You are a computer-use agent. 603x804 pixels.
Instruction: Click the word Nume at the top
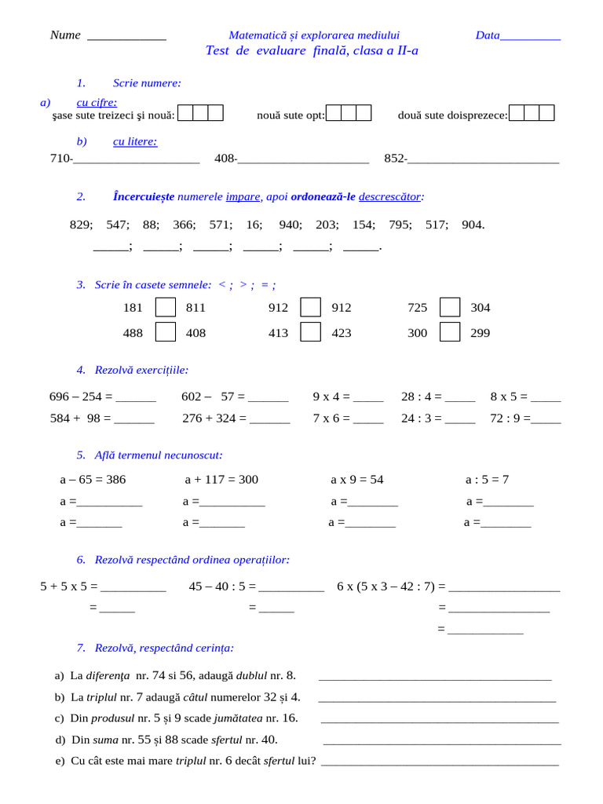tap(65, 35)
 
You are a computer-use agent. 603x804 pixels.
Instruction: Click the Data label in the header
tap(488, 35)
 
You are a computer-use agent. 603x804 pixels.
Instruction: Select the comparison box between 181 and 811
tap(165, 307)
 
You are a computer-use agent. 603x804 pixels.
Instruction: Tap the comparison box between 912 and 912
tap(311, 307)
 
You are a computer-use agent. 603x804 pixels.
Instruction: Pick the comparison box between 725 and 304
tap(449, 307)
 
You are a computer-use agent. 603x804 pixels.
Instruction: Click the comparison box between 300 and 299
tap(449, 332)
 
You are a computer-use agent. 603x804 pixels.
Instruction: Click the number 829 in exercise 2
tap(80, 225)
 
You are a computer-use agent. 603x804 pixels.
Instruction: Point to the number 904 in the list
tap(473, 225)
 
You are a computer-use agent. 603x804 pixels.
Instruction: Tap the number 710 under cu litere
tap(60, 159)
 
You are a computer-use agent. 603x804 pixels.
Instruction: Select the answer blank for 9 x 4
tap(368, 398)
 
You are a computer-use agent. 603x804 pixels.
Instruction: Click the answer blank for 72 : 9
tap(546, 420)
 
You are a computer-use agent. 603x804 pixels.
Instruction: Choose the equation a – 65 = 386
tap(93, 480)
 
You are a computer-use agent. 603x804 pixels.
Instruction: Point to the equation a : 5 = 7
tap(487, 480)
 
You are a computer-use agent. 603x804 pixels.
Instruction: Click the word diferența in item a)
tap(109, 675)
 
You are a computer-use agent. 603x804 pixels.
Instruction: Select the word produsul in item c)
tap(113, 718)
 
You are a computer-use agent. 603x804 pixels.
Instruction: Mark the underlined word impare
tap(243, 196)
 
